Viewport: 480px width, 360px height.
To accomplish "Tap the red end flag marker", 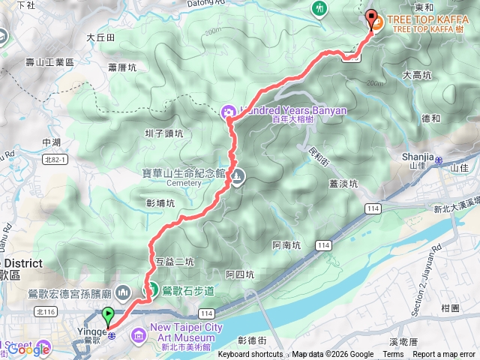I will pyautogui.click(x=370, y=18).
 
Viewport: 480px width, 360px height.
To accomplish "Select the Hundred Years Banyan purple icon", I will pyautogui.click(x=227, y=112).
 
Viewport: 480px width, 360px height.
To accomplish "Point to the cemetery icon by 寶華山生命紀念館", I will pyautogui.click(x=236, y=177).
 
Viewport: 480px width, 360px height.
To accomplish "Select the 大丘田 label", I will pyautogui.click(x=100, y=37).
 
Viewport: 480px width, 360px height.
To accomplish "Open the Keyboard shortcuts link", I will pyautogui.click(x=250, y=355).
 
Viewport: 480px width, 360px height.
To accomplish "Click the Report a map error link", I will pyautogui.click(x=445, y=355).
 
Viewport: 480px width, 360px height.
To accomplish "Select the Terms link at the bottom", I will pyautogui.click(x=392, y=355).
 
